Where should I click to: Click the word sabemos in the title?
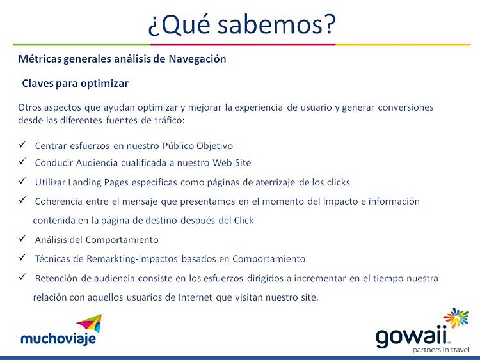coord(270,24)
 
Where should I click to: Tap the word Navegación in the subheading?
coord(198,59)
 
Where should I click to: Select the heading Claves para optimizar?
coord(76,84)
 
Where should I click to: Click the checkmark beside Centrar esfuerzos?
coord(22,144)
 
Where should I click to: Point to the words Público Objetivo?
coord(198,146)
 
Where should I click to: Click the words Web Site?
coord(232,162)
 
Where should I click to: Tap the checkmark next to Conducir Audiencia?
coord(22,161)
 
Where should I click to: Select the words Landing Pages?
coord(98,183)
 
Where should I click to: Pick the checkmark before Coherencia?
coord(22,200)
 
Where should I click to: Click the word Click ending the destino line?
coord(244,220)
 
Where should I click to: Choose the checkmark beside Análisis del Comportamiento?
coord(22,239)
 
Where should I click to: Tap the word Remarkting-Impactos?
coord(132,259)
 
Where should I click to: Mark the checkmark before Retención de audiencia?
coord(22,277)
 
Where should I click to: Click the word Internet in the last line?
coord(195,297)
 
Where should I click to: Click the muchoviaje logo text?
coord(58,339)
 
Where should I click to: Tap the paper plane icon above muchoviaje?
coord(90,323)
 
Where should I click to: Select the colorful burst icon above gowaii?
coord(456,318)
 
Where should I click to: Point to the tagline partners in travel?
coord(441,350)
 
